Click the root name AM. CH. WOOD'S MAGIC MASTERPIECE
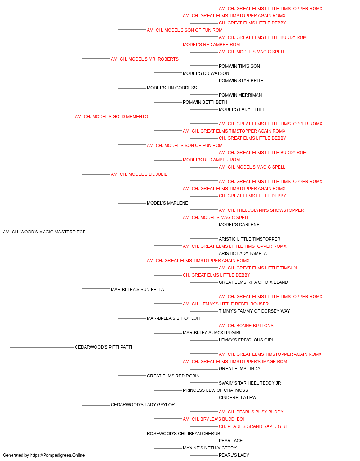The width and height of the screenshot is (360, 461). pos(44,232)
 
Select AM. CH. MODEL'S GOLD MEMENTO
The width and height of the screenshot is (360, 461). pos(111,117)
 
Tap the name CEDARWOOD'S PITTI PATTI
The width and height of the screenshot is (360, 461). pos(103,347)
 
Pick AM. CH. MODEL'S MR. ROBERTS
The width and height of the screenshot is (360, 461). pos(145,59)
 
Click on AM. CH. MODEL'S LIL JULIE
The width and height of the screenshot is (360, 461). pos(139,174)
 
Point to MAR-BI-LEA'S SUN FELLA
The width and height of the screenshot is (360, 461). pos(138,290)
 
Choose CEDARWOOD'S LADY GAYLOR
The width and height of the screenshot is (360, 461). pos(143,405)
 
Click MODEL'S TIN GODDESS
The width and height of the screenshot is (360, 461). pos(172,88)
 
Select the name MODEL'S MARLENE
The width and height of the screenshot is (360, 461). pos(167,203)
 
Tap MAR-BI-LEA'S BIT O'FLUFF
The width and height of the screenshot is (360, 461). pos(174,318)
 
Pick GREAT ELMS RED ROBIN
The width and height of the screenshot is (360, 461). pos(173,376)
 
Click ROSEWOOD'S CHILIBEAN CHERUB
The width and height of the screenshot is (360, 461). pos(183,434)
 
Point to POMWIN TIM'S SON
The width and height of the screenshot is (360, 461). pos(239,66)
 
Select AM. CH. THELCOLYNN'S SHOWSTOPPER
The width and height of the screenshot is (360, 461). pos(261,210)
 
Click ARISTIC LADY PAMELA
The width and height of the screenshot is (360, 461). pos(243,254)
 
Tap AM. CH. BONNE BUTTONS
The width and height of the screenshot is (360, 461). pos(246,326)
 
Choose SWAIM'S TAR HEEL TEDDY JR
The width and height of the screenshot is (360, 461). pos(250,383)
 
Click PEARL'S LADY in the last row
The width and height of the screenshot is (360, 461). pos(234,455)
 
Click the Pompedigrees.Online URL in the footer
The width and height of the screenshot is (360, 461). pos(57,455)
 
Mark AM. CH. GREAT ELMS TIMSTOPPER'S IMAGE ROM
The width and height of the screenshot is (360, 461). pos(235,362)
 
